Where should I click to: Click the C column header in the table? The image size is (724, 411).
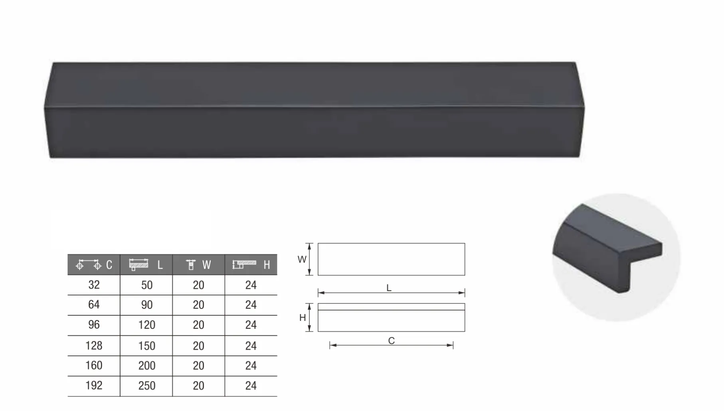pos(94,265)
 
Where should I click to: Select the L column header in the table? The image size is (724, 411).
pos(146,265)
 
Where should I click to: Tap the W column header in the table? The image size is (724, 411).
pos(198,265)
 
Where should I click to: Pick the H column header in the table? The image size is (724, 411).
pos(251,265)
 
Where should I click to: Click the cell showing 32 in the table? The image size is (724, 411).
pos(94,285)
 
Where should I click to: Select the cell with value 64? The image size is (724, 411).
pos(94,305)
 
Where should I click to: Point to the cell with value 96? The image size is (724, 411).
pos(94,325)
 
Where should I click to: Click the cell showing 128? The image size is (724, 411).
pos(94,346)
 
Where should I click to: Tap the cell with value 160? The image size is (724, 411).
pos(94,366)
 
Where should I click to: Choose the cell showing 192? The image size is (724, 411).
pos(94,385)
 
